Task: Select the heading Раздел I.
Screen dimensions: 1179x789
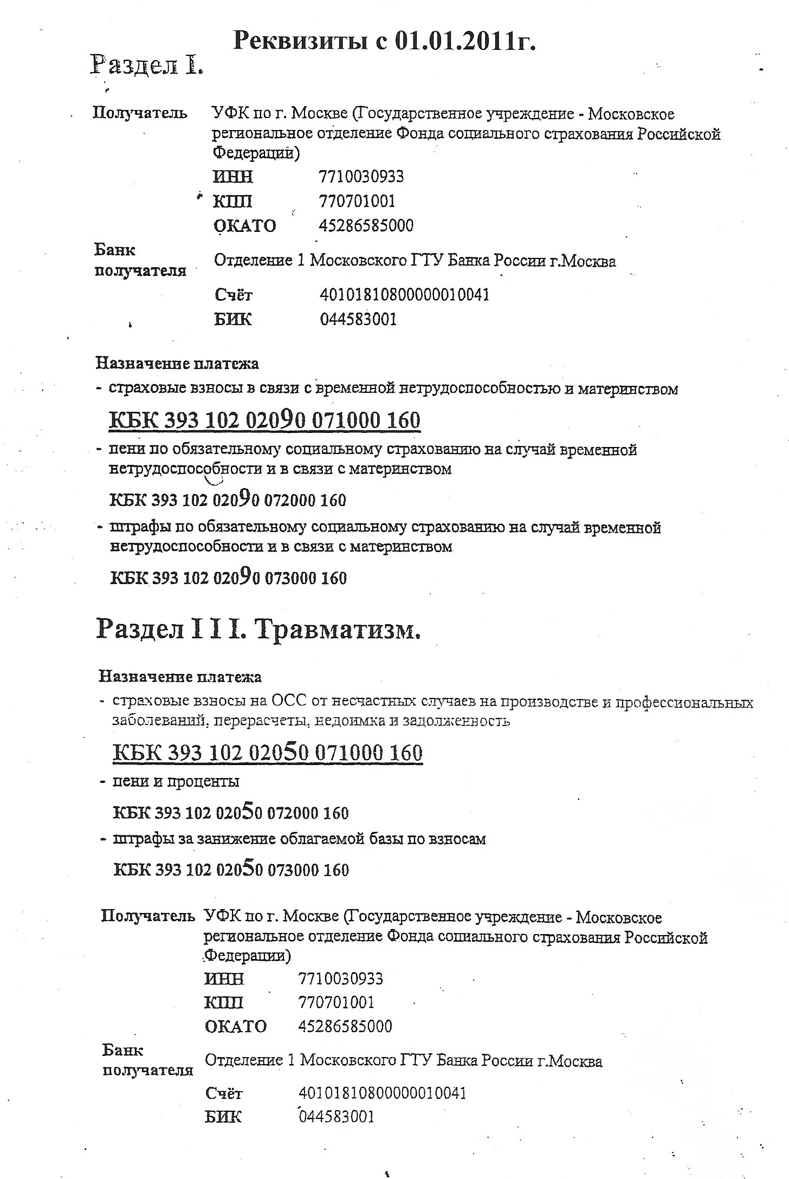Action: [x=146, y=65]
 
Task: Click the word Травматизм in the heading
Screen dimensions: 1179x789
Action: [x=335, y=629]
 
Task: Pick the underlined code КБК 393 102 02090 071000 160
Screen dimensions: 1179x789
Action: [x=265, y=420]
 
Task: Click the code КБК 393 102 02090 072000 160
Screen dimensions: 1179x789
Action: [x=228, y=499]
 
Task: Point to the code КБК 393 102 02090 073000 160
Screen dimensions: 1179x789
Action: [x=228, y=578]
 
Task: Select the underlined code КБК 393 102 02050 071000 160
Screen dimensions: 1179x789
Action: [x=268, y=753]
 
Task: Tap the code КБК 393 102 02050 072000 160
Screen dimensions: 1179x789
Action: [x=230, y=813]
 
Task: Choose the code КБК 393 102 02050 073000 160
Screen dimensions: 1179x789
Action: [x=231, y=870]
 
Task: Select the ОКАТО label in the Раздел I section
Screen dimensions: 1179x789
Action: [x=244, y=225]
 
